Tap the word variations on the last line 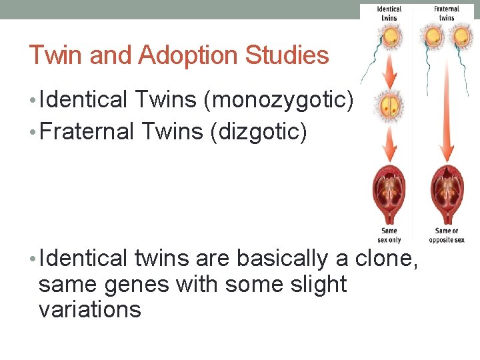(x=90, y=309)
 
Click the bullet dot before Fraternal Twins (x=33, y=132)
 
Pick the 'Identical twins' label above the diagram (x=389, y=13)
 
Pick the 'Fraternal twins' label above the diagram (x=447, y=13)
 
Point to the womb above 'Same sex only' (x=389, y=193)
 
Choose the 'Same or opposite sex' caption (x=447, y=235)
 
